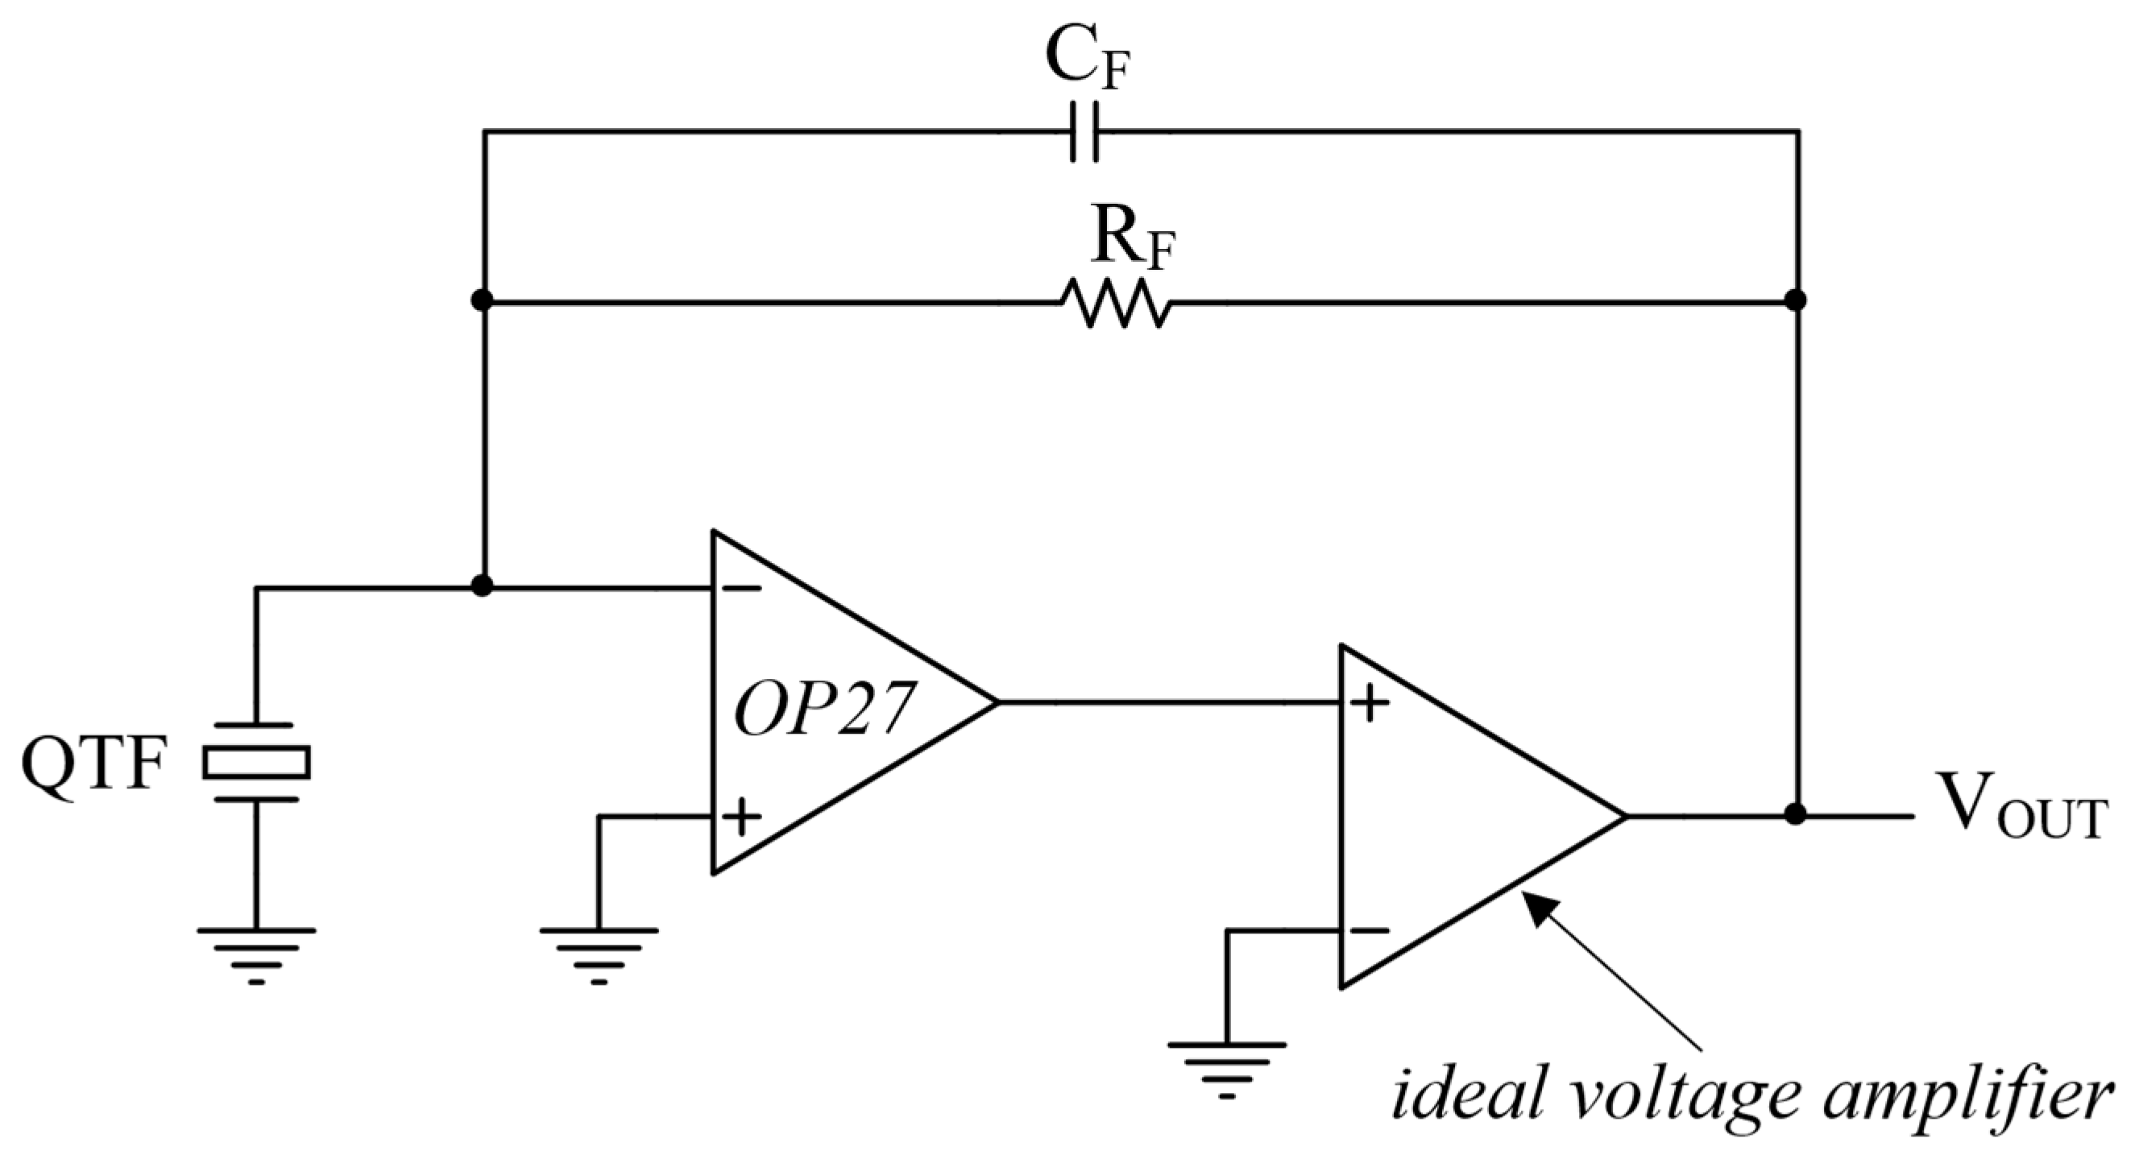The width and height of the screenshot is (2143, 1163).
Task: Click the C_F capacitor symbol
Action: pos(1083,131)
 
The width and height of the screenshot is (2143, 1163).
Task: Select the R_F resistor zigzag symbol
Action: pos(1117,303)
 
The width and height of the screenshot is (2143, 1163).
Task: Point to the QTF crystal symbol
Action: pos(256,762)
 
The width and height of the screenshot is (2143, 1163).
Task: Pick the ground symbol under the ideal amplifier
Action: pos(1226,1068)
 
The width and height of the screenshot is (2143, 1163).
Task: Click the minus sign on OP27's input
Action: pos(740,588)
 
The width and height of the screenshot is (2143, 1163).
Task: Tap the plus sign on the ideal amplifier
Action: pos(1369,703)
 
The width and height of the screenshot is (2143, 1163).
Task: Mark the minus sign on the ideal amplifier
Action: pos(1369,931)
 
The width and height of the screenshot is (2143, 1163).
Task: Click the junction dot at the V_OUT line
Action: pos(1795,815)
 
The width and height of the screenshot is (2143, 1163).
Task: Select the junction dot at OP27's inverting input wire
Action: pos(482,586)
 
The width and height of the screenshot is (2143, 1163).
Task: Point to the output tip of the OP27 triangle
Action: pos(994,703)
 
